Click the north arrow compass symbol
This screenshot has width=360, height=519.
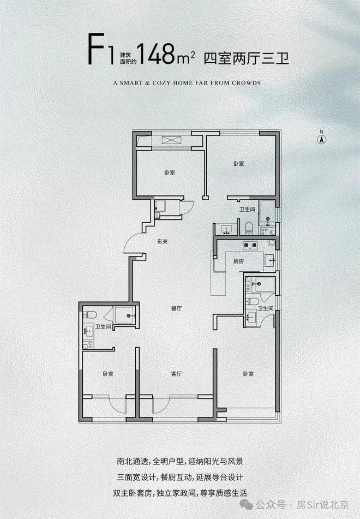tap(321, 138)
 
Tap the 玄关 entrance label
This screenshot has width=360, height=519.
tap(162, 242)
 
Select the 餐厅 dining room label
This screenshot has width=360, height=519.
tap(177, 308)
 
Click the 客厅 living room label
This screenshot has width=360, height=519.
tap(177, 374)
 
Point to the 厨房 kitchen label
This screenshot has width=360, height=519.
tap(238, 261)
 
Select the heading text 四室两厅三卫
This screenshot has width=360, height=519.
tap(247, 58)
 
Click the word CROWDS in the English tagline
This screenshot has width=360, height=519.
tap(246, 83)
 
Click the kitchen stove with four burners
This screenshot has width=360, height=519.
tap(250, 245)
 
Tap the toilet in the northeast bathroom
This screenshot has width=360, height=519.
tap(249, 228)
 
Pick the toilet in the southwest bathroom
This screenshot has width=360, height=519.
tap(90, 314)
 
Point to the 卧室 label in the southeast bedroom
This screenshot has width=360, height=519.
tap(248, 374)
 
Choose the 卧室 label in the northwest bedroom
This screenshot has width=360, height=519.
tap(170, 173)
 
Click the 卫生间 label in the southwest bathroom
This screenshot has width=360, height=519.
tap(103, 327)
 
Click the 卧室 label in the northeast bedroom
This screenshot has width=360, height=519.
tap(239, 164)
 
